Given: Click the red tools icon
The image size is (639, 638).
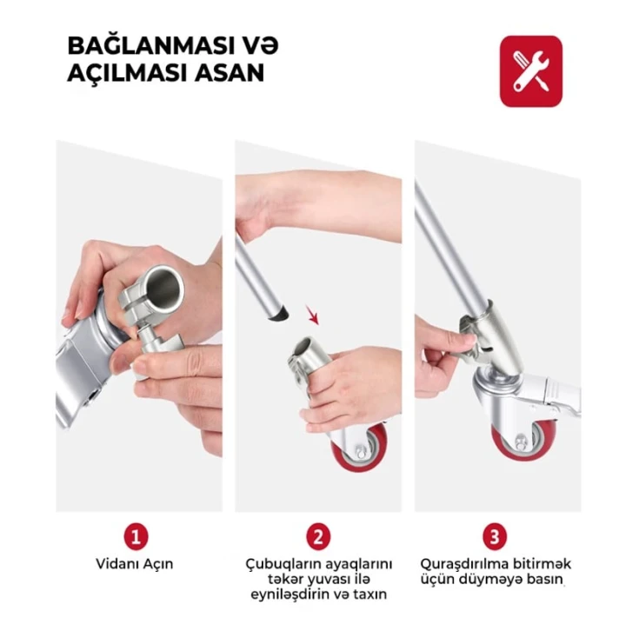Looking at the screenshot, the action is [530, 71].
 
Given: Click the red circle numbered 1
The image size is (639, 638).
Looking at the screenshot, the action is [136, 536].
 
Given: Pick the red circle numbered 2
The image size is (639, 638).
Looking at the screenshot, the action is [318, 536].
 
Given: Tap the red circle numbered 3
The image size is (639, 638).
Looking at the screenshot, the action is [495, 536].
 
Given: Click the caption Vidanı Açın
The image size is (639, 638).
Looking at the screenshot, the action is [135, 564].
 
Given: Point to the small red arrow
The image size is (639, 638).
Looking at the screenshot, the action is [312, 316].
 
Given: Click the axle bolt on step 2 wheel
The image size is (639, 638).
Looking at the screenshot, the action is [362, 451].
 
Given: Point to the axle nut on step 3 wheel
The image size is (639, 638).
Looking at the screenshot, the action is [521, 442].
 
